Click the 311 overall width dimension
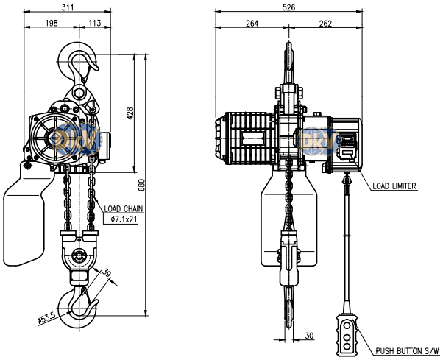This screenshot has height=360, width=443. point(68,7)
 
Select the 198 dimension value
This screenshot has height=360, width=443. point(52,23)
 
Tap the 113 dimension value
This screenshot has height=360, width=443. point(95,23)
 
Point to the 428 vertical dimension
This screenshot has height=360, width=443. point(130,113)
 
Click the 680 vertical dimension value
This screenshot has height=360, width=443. point(142,185)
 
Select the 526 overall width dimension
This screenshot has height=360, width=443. point(288,7)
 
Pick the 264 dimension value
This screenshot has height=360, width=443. point(252,23)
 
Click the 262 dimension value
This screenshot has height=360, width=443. point(325,23)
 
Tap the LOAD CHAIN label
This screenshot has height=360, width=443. point(124,209)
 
